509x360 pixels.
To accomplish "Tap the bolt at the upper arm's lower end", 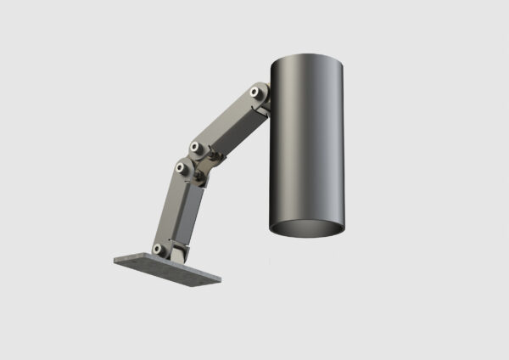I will click(x=195, y=147).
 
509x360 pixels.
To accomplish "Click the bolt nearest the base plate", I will click(x=157, y=248).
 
